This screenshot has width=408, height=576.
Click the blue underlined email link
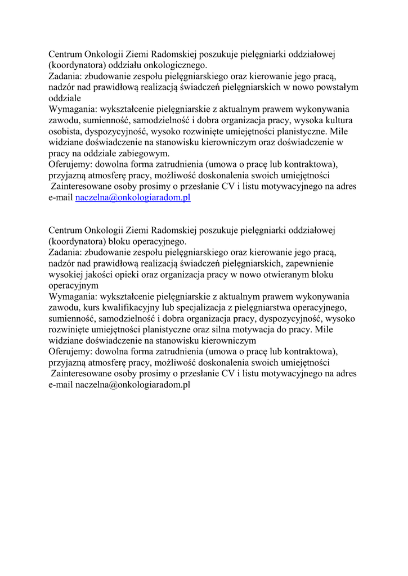click(133, 197)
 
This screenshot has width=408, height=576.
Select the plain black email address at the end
click(133, 385)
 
